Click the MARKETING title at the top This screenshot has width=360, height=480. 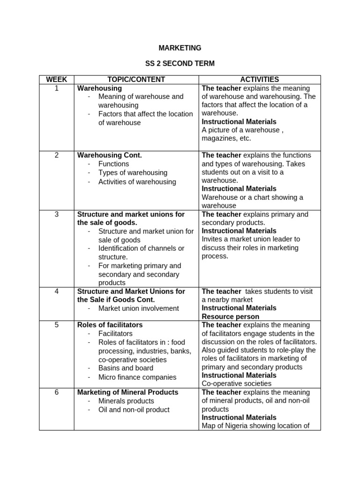click(x=180, y=48)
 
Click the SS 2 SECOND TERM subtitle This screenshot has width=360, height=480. click(x=180, y=64)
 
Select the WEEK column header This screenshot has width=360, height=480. click(x=56, y=80)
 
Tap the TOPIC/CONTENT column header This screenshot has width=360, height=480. click(x=136, y=80)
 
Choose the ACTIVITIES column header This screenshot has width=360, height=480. click(x=259, y=80)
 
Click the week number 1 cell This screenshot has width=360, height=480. click(x=56, y=88)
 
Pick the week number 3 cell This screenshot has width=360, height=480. click(x=56, y=214)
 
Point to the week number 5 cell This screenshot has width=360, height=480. click(x=56, y=325)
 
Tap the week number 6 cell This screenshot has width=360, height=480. click(x=56, y=392)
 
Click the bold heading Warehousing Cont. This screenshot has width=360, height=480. click(x=109, y=155)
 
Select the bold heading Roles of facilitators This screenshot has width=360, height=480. click(x=110, y=325)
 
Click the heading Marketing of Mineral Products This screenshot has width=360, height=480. click(x=127, y=392)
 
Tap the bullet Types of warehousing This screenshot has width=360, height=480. click(x=133, y=172)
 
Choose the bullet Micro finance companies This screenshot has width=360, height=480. click(x=137, y=377)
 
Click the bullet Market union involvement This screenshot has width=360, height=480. click(x=138, y=308)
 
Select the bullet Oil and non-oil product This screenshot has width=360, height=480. click(x=134, y=410)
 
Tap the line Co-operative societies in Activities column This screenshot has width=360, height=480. click(x=236, y=383)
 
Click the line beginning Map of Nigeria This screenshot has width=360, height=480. click(x=255, y=426)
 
